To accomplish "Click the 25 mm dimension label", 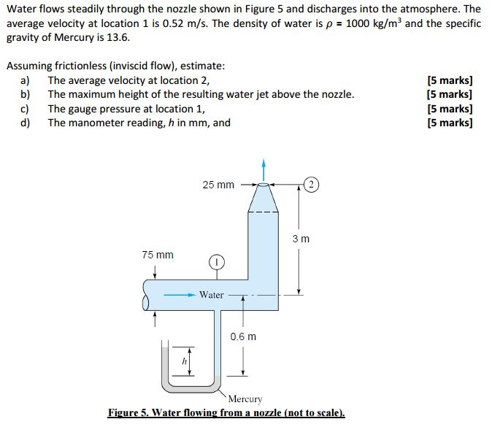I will [218, 185].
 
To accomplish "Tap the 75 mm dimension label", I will [158, 255].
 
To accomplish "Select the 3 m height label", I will [301, 239].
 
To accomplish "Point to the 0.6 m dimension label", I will [243, 336].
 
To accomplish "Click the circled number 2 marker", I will [311, 184].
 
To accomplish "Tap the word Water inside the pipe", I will [212, 295].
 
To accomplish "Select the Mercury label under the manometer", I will [245, 399].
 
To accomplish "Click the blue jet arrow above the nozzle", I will [264, 167].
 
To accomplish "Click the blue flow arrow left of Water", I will [180, 295].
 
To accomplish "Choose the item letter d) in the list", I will [26, 122].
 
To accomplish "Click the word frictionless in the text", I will [84, 66].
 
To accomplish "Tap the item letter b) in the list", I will [26, 94].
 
